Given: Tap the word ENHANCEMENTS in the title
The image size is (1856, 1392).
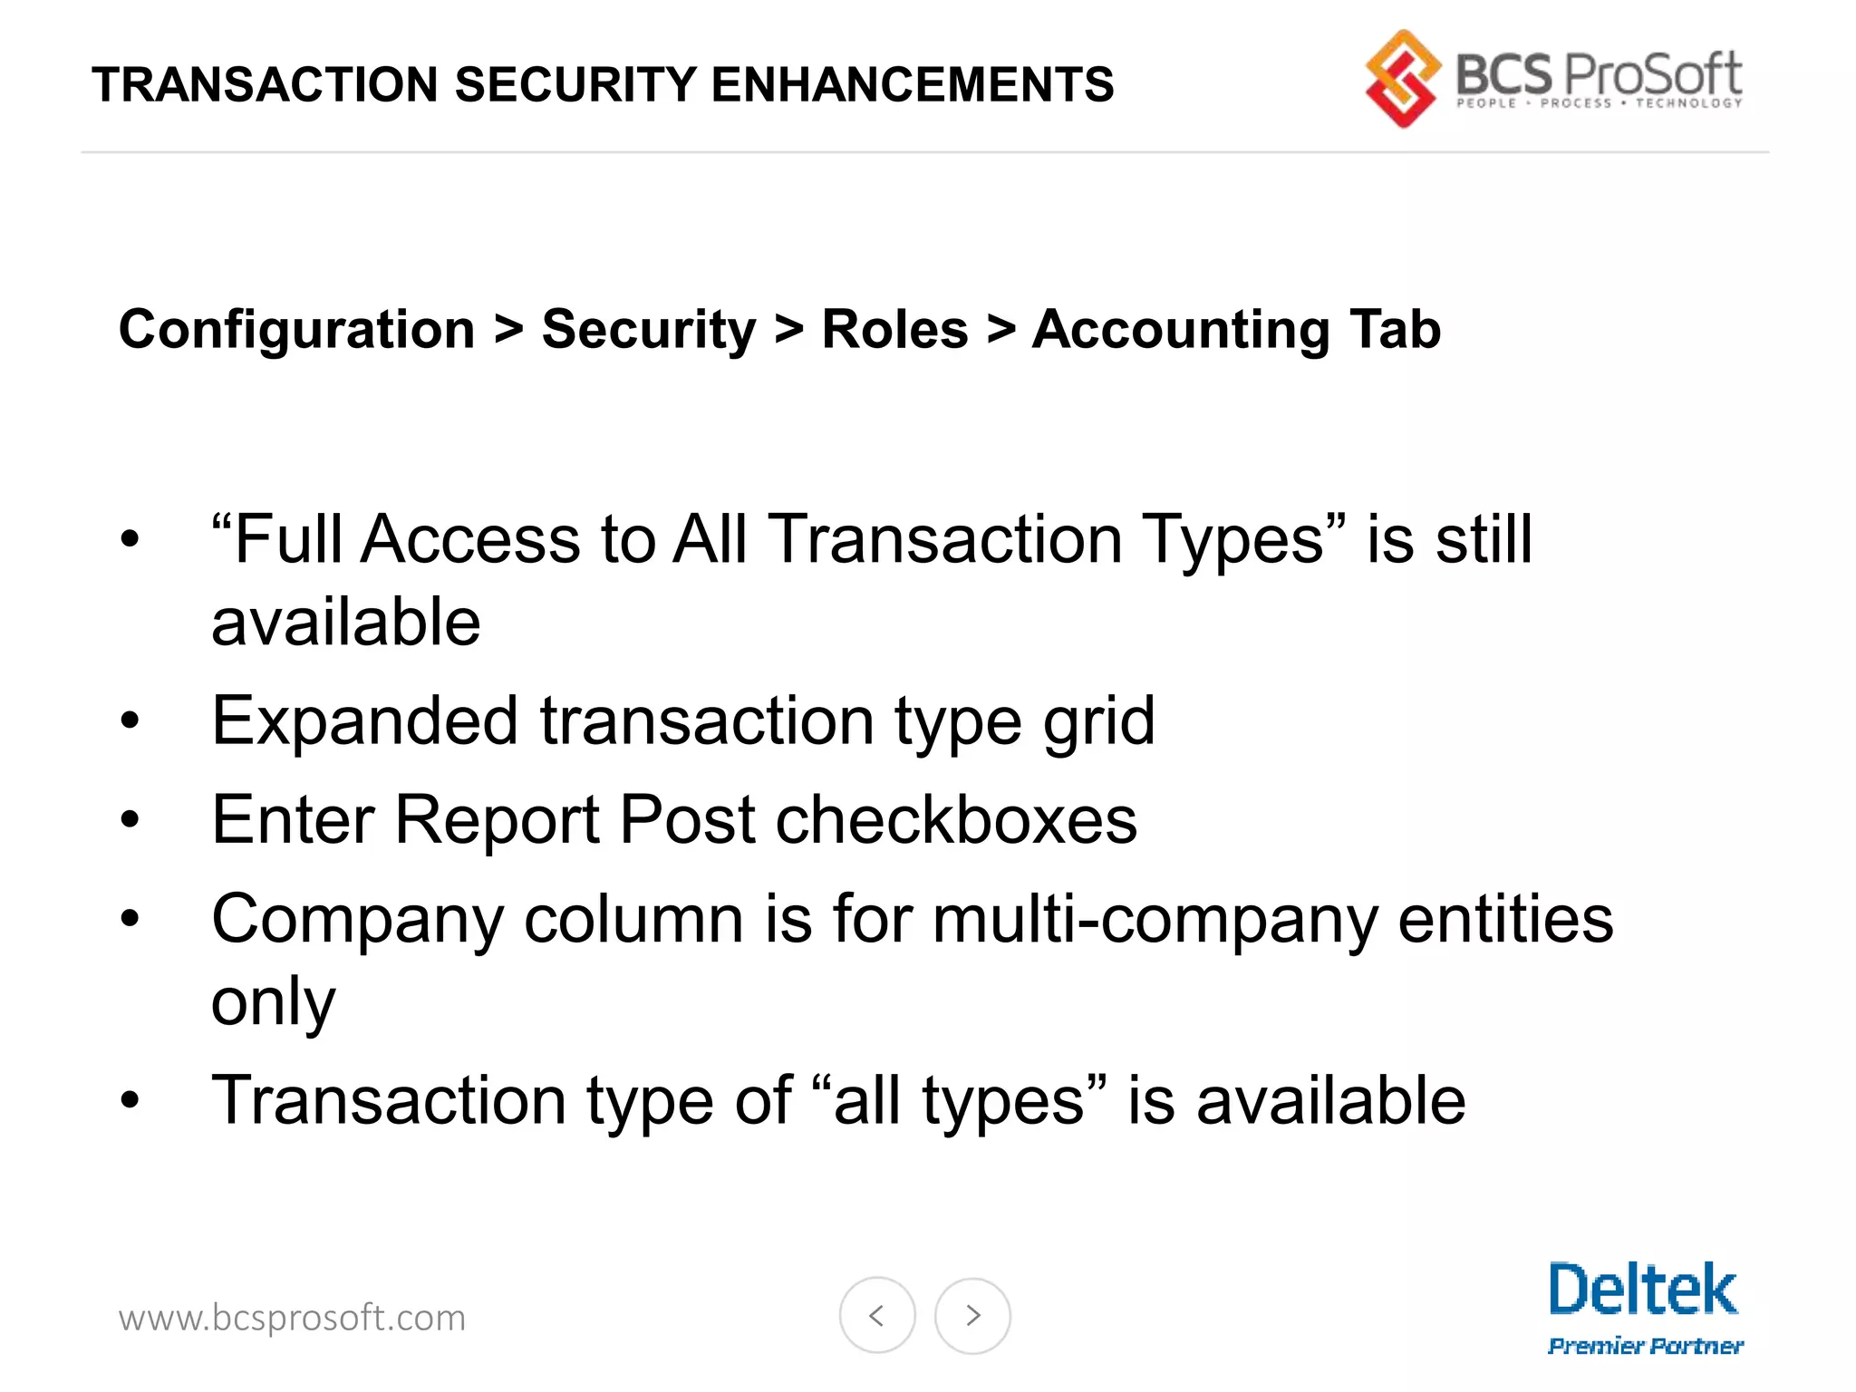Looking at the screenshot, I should tap(913, 85).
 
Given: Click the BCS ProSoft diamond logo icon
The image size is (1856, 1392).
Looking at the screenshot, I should tap(1402, 79).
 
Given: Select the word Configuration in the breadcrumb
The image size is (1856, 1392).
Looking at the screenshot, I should tap(297, 329).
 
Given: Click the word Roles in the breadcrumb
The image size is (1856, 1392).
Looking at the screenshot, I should tap(894, 329).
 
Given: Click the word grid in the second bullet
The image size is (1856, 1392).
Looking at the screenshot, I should tap(1098, 722).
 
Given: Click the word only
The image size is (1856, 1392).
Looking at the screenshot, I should tap(273, 1002).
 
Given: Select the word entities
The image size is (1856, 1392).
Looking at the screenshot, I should tap(1505, 920).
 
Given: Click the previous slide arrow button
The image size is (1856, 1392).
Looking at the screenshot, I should tap(876, 1315).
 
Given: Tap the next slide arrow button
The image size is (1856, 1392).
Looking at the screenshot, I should tap(972, 1315).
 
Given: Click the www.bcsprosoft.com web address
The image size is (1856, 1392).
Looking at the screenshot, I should tap(292, 1318).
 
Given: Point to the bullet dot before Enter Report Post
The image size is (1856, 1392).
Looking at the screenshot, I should tap(130, 820).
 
